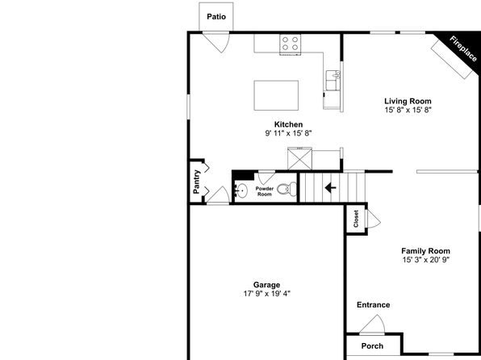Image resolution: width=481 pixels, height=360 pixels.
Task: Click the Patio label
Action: click(x=216, y=17)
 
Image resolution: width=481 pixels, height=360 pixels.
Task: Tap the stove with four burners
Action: click(x=290, y=44)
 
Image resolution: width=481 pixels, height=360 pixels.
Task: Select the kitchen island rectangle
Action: click(x=276, y=95)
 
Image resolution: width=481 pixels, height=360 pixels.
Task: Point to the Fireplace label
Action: click(x=463, y=48)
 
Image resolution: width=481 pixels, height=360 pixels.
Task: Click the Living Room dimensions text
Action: click(x=408, y=110)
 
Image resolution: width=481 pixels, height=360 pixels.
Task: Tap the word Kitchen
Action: click(x=288, y=124)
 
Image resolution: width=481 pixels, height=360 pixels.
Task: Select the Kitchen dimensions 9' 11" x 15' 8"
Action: click(x=288, y=133)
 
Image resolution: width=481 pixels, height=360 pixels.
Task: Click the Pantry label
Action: click(x=197, y=182)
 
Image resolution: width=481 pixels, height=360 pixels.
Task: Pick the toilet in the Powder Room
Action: click(x=287, y=189)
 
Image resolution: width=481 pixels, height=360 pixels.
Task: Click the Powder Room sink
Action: click(x=241, y=190)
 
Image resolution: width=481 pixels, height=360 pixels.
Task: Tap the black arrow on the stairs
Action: click(x=330, y=187)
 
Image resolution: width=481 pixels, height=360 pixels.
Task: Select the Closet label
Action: click(x=356, y=219)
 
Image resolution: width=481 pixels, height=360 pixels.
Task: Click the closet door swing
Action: click(x=374, y=219)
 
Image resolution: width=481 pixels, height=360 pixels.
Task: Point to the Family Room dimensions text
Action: click(x=426, y=260)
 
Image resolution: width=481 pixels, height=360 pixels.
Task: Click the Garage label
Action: click(x=266, y=285)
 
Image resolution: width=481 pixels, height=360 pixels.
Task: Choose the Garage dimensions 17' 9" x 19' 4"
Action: click(x=267, y=294)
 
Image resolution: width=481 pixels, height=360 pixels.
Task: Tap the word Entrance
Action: click(x=374, y=305)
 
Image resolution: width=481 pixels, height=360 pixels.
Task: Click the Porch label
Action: click(x=372, y=346)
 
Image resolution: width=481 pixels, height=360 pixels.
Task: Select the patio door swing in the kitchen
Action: click(x=217, y=42)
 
